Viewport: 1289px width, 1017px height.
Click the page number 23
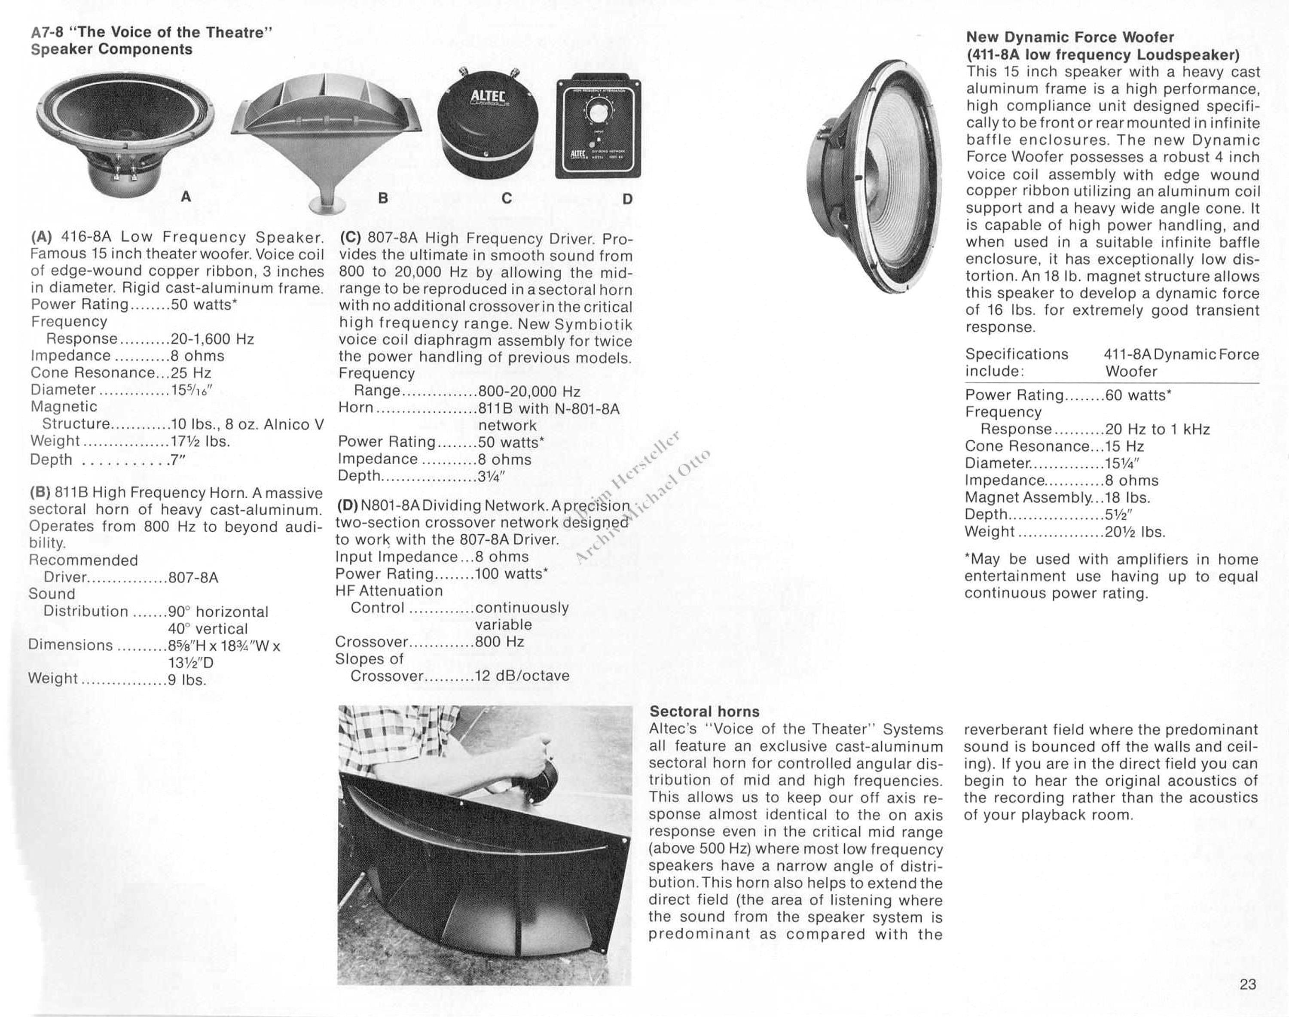tap(1247, 984)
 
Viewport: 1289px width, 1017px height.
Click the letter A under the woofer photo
tap(186, 197)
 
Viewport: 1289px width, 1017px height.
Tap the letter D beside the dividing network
tap(627, 199)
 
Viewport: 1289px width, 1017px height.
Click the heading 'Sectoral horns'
tap(704, 712)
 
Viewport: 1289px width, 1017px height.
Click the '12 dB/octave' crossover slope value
tap(522, 676)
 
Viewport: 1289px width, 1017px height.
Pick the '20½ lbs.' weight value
tap(1135, 532)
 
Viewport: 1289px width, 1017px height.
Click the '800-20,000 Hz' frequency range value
tap(529, 391)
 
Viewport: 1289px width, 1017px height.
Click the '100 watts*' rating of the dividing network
tap(511, 574)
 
